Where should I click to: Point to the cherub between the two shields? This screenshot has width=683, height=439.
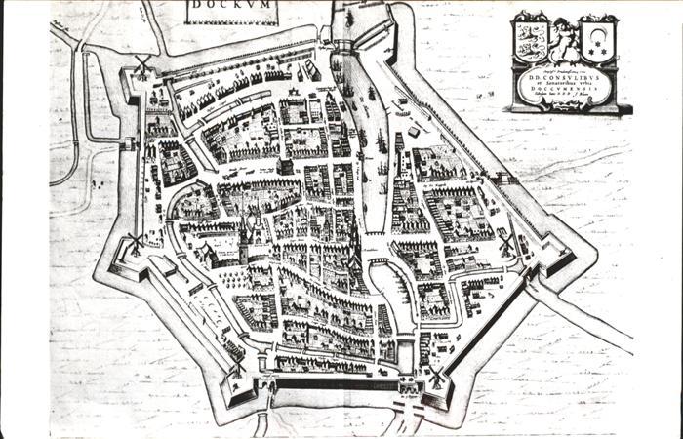coord(564,36)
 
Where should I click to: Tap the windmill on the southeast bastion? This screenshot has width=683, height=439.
coord(436,376)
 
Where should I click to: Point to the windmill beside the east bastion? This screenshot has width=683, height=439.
coord(507,244)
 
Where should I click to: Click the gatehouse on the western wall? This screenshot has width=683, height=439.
coord(128,144)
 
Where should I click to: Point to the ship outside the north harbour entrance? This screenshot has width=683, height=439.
coord(348,17)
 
